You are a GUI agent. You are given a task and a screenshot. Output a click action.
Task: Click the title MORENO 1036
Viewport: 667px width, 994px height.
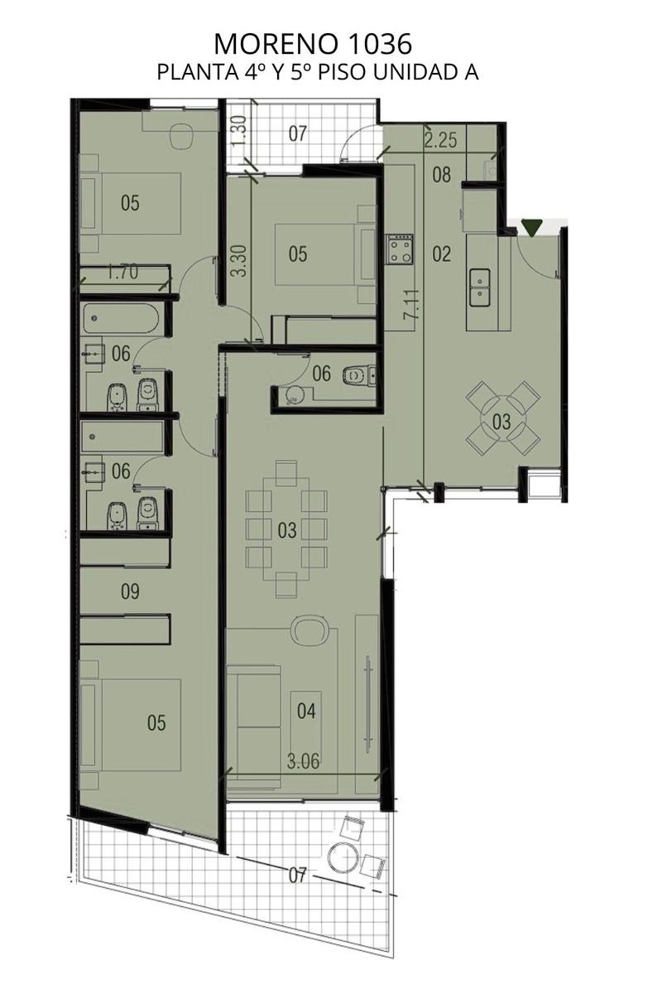coord(313,44)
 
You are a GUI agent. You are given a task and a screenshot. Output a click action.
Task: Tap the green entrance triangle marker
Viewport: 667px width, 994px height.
coord(530,228)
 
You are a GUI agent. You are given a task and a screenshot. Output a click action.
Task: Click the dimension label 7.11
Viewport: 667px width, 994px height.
coord(410,305)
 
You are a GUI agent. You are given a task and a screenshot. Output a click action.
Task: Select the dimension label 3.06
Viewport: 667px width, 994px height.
coord(303,761)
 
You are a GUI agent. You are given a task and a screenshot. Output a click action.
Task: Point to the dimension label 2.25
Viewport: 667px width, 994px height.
coord(440,140)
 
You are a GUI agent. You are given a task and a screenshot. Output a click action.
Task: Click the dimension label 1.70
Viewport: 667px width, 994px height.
coord(122,272)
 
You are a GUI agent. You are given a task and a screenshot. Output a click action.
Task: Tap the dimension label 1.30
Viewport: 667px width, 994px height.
coord(238,131)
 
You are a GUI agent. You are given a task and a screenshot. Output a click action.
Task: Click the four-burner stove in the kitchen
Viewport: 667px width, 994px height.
coord(399,249)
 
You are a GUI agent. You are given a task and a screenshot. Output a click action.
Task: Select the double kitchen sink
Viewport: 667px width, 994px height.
coord(479,287)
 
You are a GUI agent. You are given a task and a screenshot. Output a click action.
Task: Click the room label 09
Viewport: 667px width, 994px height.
coord(130,591)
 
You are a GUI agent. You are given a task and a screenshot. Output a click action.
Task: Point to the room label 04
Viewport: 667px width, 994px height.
coord(306,711)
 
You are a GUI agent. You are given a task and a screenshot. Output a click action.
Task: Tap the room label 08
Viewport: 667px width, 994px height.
coord(441,175)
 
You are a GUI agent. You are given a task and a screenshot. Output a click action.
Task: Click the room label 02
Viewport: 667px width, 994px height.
coord(441,254)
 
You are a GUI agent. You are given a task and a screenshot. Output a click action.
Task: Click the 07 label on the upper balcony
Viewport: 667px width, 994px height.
coord(297,133)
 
